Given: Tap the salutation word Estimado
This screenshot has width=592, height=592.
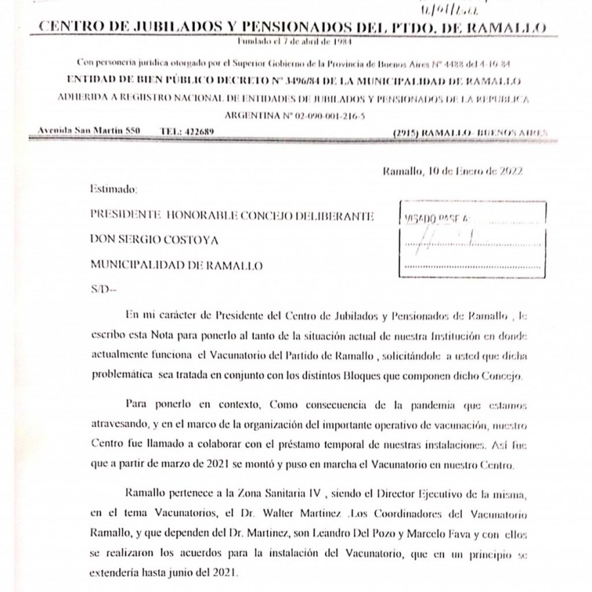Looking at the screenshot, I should pyautogui.click(x=114, y=188).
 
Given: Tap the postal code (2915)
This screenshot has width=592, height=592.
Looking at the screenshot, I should pyautogui.click(x=403, y=131).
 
